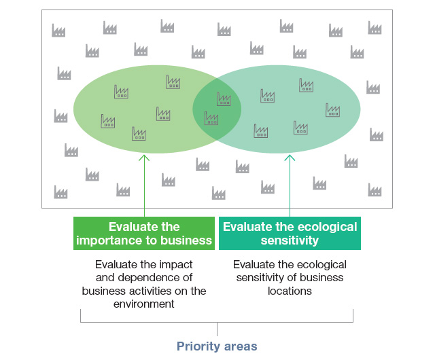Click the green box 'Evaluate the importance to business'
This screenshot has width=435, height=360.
(144, 234)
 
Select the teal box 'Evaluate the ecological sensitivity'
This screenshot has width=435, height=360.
(290, 234)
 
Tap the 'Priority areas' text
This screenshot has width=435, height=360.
(217, 346)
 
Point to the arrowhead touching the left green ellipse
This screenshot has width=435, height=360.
(144, 158)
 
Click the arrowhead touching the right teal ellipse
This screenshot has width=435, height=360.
(290, 158)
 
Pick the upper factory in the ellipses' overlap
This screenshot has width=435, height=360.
(224, 99)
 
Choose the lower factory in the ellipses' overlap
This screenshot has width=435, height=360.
(211, 118)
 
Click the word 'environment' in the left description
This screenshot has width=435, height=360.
(144, 304)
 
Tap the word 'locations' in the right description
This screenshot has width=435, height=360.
(290, 291)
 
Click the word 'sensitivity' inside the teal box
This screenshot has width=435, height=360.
(290, 240)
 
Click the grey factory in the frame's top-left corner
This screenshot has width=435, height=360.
(58, 31)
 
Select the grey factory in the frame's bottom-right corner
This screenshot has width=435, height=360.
(375, 190)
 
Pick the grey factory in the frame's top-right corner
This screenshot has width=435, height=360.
(375, 28)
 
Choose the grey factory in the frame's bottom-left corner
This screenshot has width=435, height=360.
(60, 192)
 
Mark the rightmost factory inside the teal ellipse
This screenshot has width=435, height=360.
(332, 110)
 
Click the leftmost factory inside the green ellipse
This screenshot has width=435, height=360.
(108, 121)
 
